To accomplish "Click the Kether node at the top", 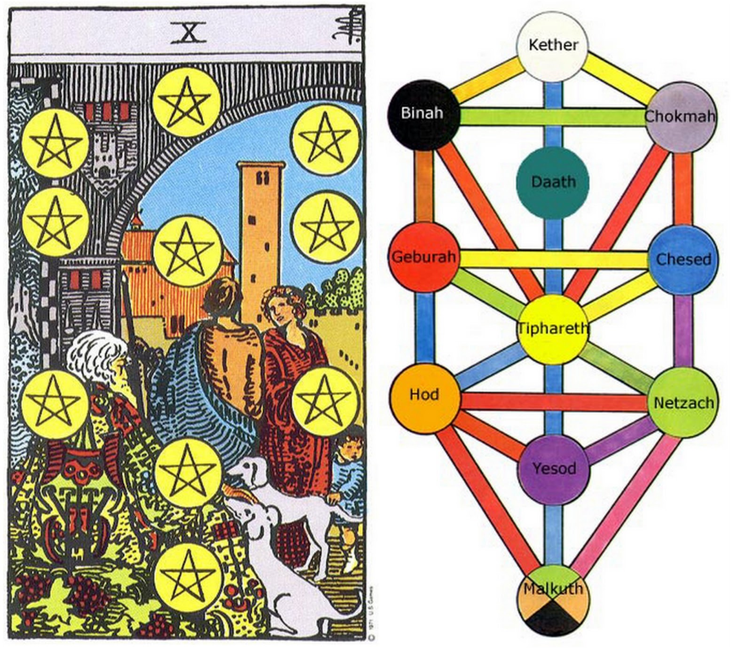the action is coord(553,46).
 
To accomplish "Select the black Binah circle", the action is coord(423,114).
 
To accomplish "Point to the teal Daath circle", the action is coord(553,182).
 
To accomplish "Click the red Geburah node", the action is coord(424,257).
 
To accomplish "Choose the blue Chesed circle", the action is coord(683,259).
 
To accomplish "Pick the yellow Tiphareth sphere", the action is coord(553,329).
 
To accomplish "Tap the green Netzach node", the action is coord(683,403).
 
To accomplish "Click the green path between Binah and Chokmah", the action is coord(553,117).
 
